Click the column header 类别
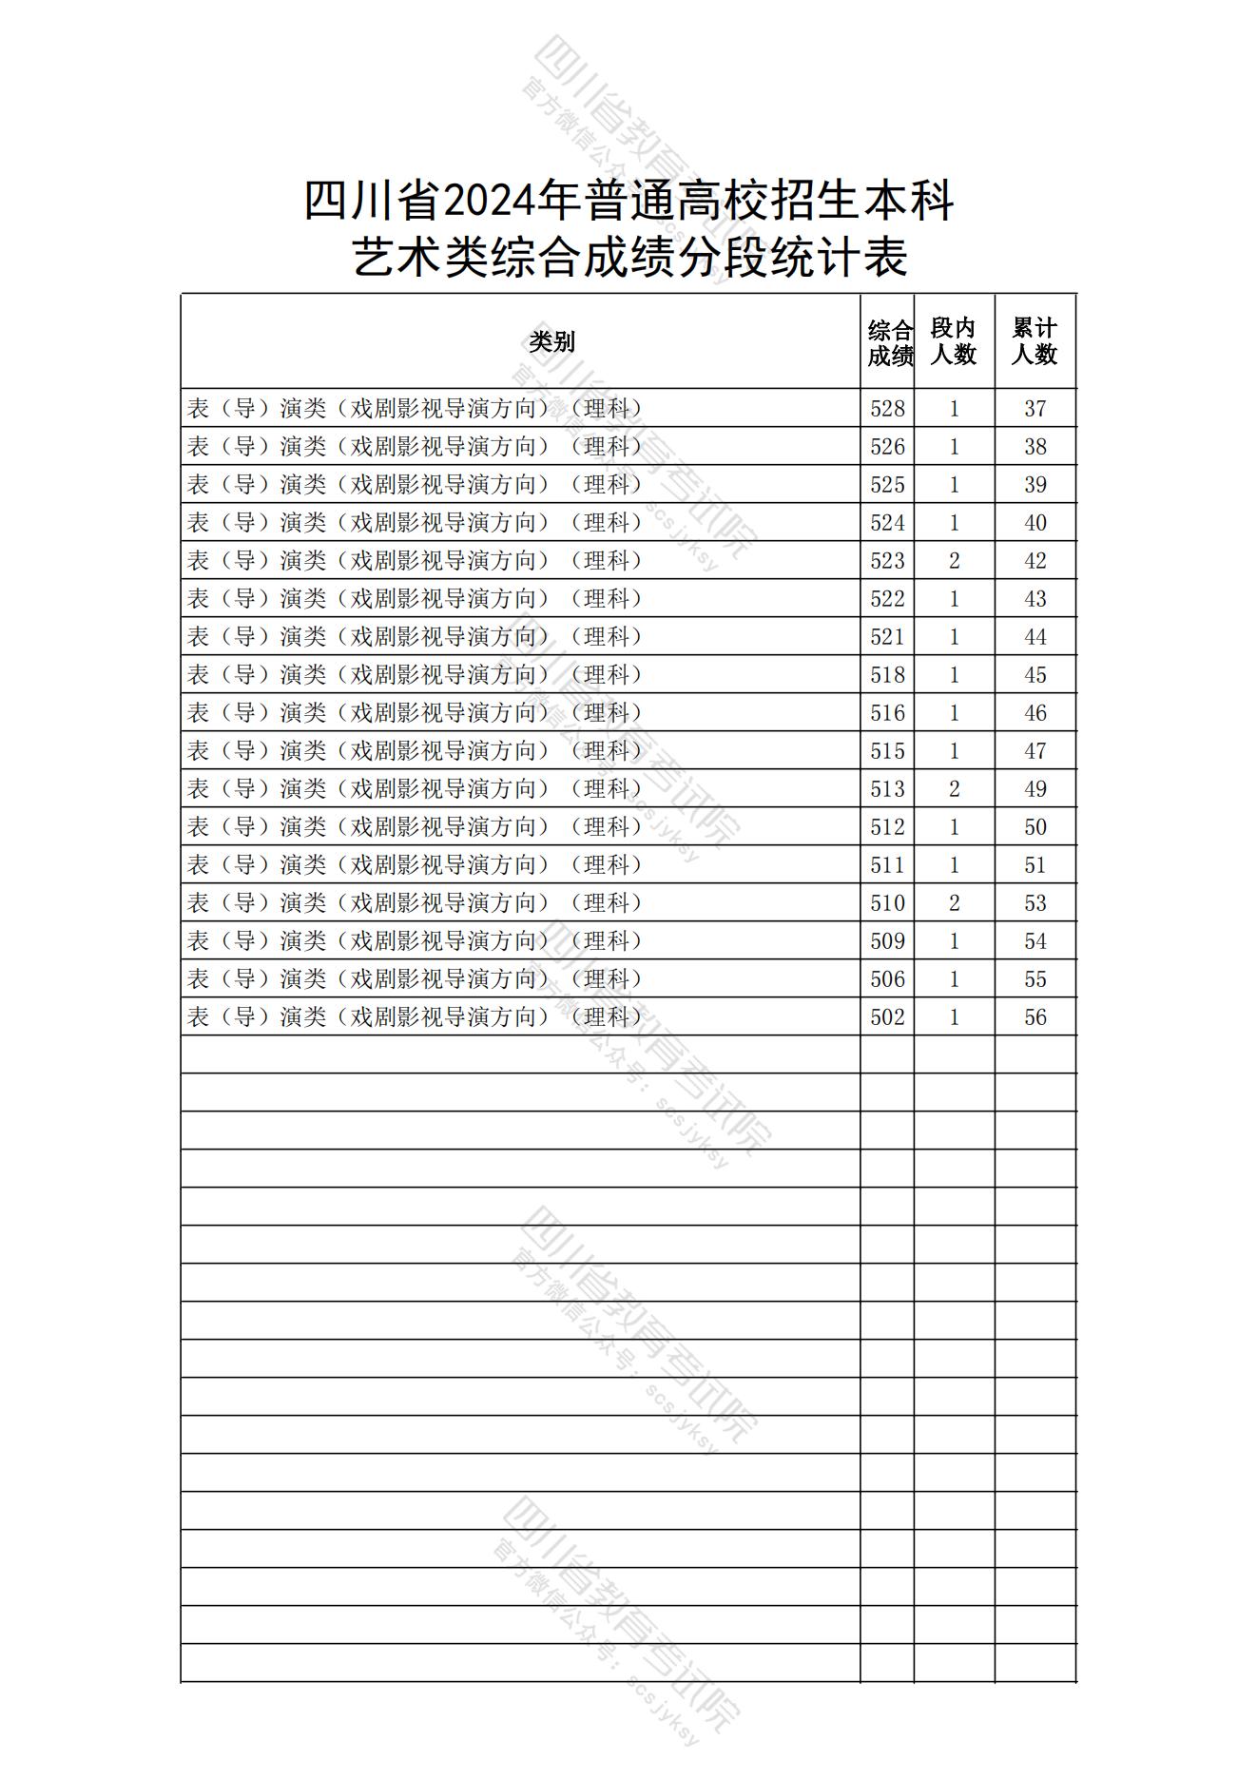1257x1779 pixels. (x=551, y=341)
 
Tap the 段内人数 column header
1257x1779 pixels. (x=954, y=341)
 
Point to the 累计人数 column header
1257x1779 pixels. (x=1035, y=341)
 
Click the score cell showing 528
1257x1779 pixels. (x=887, y=409)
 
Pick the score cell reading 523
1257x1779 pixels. (x=887, y=561)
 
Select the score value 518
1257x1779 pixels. (x=887, y=675)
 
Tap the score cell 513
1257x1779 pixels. (x=887, y=789)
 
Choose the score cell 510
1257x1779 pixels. (x=887, y=903)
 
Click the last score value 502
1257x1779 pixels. (x=887, y=1017)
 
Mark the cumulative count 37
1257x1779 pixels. (x=1035, y=409)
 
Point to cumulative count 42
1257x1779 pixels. (x=1035, y=561)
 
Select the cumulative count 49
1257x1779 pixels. (x=1035, y=789)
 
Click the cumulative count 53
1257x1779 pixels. (x=1035, y=903)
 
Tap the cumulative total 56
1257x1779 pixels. (x=1035, y=1017)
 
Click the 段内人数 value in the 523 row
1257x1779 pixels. (x=955, y=561)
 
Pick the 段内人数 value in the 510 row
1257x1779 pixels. (x=955, y=903)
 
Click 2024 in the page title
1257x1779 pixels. (x=486, y=202)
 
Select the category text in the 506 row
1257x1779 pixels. (x=416, y=979)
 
